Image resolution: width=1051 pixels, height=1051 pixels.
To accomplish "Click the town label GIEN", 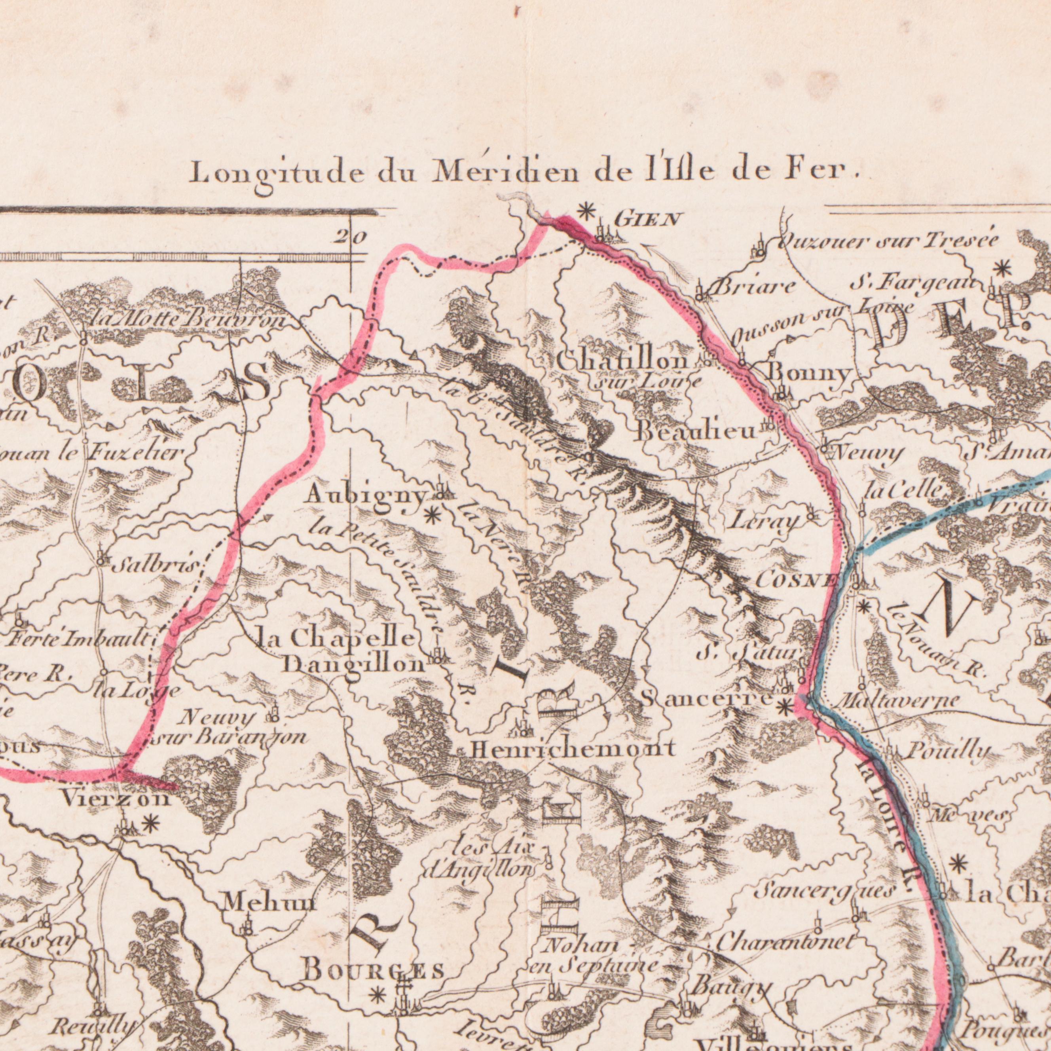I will (x=647, y=220).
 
